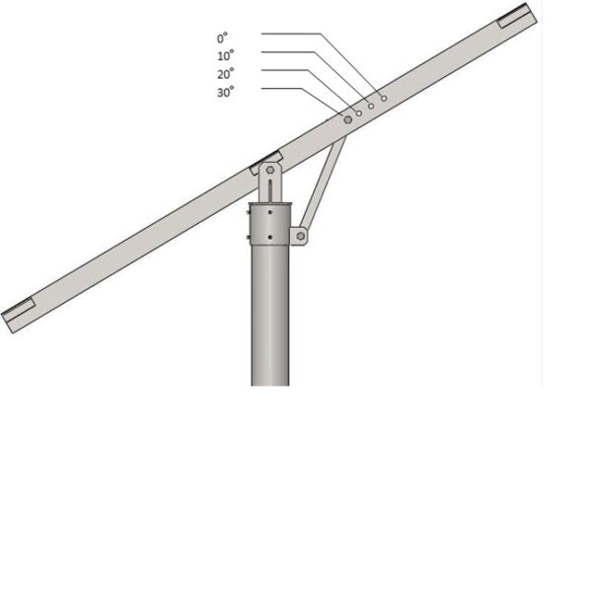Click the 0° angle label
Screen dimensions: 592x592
click(x=222, y=37)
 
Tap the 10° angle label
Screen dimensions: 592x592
click(x=225, y=56)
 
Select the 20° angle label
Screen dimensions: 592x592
click(x=225, y=74)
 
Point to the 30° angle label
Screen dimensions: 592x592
click(x=225, y=92)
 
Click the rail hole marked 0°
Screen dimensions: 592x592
click(x=384, y=99)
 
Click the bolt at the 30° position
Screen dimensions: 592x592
click(x=348, y=119)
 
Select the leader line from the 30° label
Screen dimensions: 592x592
click(x=286, y=90)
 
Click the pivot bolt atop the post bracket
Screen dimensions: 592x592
click(x=270, y=170)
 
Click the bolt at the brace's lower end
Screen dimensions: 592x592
click(x=298, y=235)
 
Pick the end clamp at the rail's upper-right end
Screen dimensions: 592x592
click(x=517, y=18)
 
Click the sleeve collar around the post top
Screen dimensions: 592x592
click(x=269, y=225)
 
